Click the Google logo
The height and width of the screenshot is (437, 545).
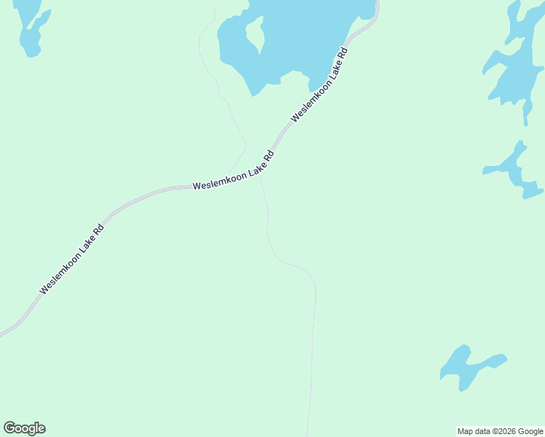pyautogui.click(x=25, y=428)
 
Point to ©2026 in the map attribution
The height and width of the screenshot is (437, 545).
pyautogui.click(x=508, y=431)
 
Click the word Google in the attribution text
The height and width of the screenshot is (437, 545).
pyautogui.click(x=532, y=431)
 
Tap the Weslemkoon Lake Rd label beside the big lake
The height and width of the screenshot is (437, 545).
pyautogui.click(x=320, y=84)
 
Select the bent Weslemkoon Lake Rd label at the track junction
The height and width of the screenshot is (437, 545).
pyautogui.click(x=233, y=173)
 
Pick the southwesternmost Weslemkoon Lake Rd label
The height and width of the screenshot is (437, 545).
pyautogui.click(x=72, y=259)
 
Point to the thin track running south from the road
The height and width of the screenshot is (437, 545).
pyautogui.click(x=313, y=342)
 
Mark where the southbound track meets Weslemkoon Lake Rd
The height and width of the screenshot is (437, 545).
pyautogui.click(x=261, y=175)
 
